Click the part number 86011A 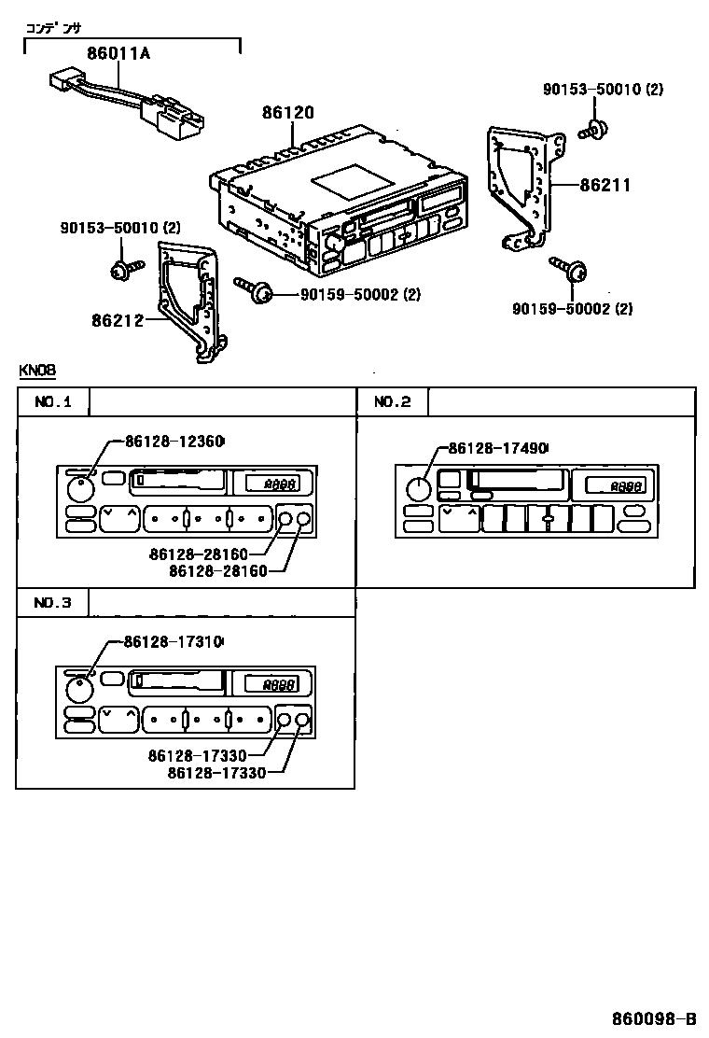pos(118,53)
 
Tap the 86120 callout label pos(287,113)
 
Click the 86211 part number pos(605,186)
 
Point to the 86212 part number pos(118,320)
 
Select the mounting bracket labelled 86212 pos(189,299)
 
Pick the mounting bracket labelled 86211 pos(522,187)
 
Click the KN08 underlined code pos(37,371)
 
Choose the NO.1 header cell pos(53,402)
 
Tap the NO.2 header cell pos(392,402)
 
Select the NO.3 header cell pos(53,603)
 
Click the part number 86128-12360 pos(174,442)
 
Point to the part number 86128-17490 pos(498,449)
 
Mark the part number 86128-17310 pos(174,642)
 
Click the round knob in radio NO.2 pos(419,489)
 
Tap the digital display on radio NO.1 pos(271,484)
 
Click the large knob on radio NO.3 pos(80,692)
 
